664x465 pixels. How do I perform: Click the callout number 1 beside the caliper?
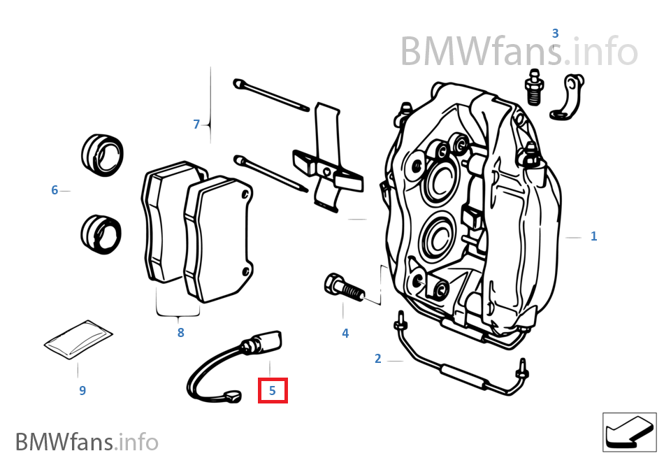(x=593, y=236)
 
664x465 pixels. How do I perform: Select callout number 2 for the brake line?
(x=378, y=359)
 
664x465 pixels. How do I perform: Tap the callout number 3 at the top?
(x=555, y=34)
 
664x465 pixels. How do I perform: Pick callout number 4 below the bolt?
(x=345, y=334)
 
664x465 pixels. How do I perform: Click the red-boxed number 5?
(x=273, y=391)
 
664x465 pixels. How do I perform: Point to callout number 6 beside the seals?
(x=55, y=189)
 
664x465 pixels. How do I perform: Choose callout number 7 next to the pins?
(x=197, y=124)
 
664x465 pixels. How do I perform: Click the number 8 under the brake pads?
(x=180, y=333)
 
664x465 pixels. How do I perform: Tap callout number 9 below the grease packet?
(x=82, y=390)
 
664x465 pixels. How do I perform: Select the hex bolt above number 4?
(x=342, y=287)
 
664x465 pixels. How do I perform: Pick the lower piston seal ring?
(x=101, y=234)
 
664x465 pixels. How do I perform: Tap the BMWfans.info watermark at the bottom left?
(x=87, y=442)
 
